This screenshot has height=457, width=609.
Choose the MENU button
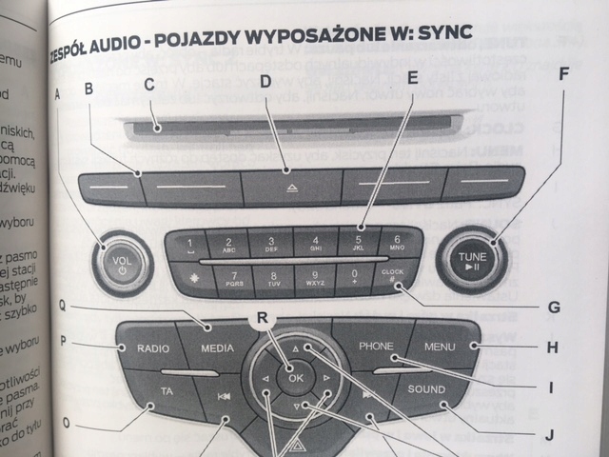pyautogui.click(x=441, y=347)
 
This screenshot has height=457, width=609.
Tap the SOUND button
pyautogui.click(x=426, y=390)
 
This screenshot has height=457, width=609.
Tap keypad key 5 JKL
pyautogui.click(x=358, y=243)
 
